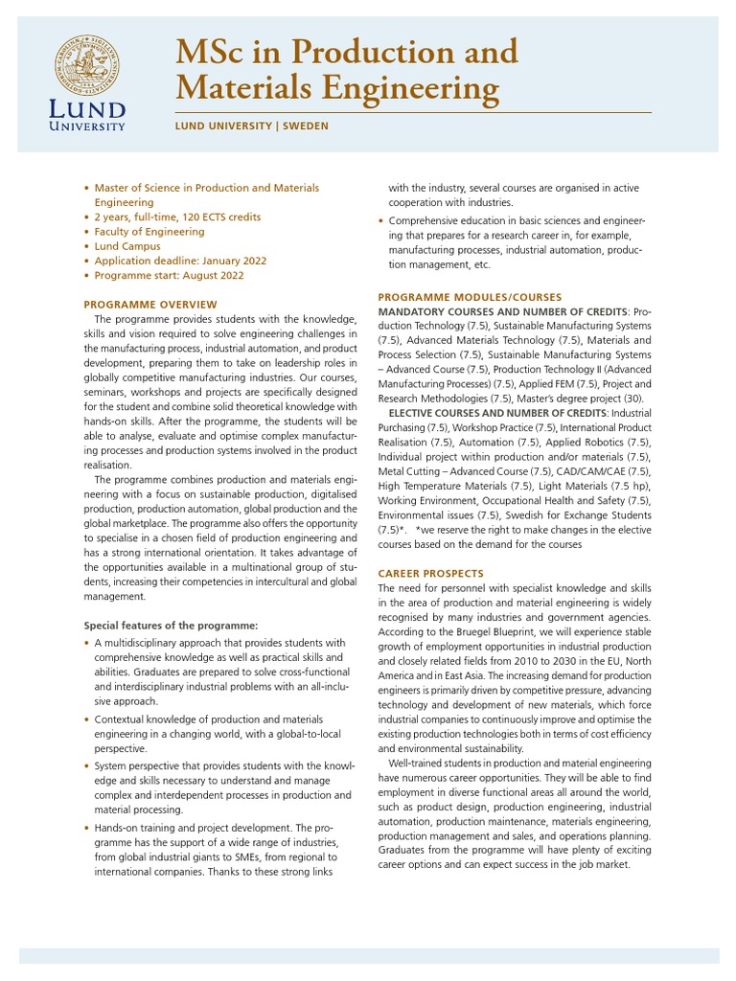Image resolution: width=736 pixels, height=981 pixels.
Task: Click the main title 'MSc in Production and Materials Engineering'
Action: coord(345,69)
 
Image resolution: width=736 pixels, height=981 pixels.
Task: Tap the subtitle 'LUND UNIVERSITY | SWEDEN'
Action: coord(251,125)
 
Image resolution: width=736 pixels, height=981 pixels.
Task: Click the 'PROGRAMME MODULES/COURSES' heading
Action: coord(470,297)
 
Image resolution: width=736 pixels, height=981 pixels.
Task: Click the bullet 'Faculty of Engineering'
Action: coord(149,232)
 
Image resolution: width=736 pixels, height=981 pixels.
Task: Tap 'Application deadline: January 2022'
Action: coord(180,261)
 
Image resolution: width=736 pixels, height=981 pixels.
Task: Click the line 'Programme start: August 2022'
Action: coord(169,275)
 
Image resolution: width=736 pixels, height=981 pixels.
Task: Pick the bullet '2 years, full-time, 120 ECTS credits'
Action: coord(177,217)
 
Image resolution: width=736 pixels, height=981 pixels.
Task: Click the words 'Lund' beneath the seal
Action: coord(87,108)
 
